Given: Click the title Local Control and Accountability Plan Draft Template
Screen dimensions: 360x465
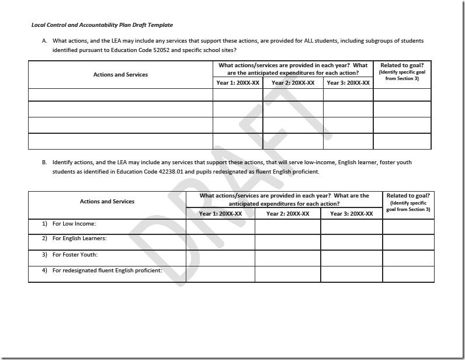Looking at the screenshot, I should click(102, 25).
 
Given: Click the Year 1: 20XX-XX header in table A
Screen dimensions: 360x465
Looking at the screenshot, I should click(238, 83).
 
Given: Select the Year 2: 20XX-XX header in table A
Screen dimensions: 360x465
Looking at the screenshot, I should click(293, 83).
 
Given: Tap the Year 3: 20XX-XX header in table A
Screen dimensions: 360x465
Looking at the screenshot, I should click(348, 83).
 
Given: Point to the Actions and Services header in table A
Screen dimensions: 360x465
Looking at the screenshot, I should click(120, 75).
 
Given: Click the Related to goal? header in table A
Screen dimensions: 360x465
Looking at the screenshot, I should click(402, 65).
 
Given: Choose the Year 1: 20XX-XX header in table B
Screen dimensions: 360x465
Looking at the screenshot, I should click(220, 214).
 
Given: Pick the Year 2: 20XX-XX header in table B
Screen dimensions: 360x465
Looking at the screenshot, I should click(287, 214).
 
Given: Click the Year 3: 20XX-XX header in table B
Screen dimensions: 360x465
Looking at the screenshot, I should click(351, 214).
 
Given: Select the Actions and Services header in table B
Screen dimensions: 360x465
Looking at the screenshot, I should click(107, 202).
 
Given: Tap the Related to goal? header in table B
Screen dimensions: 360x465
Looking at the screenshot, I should click(408, 196).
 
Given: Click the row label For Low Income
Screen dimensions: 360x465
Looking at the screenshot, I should click(74, 224).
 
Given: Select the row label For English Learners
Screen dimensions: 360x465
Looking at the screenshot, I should click(79, 238).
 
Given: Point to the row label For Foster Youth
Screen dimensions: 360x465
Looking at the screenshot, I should click(75, 255).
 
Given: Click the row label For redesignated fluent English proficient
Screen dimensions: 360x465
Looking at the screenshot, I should click(107, 271).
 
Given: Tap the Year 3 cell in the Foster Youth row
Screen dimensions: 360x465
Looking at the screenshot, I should click(351, 258).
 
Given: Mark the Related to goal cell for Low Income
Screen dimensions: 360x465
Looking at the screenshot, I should click(408, 227).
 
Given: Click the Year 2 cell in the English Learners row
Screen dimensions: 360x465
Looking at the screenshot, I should click(287, 242).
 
